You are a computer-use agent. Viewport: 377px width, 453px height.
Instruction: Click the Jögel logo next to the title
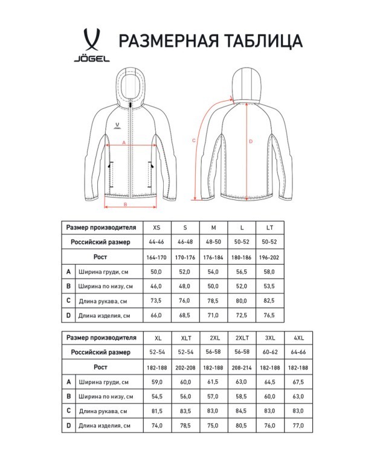pos(92,46)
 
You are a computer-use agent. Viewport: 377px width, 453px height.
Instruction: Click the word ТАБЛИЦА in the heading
pos(263,41)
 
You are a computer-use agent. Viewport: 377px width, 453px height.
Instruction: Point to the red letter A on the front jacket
pos(124,143)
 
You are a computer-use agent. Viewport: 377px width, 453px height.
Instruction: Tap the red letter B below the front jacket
pos(124,204)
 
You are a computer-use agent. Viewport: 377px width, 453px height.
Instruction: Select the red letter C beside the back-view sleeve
pos(193,140)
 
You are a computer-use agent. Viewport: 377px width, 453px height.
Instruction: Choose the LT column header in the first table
pos(269,228)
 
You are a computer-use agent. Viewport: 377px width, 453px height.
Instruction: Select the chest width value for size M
pos(213,272)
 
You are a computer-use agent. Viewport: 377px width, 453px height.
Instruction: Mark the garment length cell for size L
pos(242,315)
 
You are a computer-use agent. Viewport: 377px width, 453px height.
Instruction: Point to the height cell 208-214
pos(242,367)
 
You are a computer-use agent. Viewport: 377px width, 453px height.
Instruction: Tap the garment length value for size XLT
pos(185,425)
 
